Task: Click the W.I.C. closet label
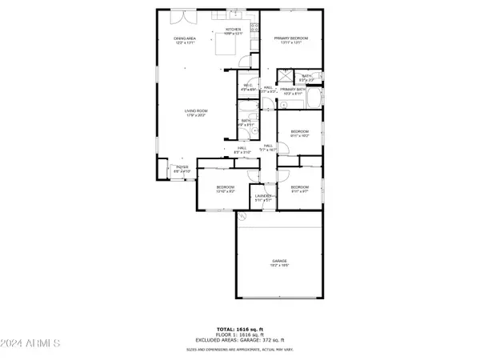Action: coord(247,87)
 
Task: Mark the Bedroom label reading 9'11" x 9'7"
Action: coord(300,189)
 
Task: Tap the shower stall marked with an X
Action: coord(284,78)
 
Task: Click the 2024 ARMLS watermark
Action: coord(32,343)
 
